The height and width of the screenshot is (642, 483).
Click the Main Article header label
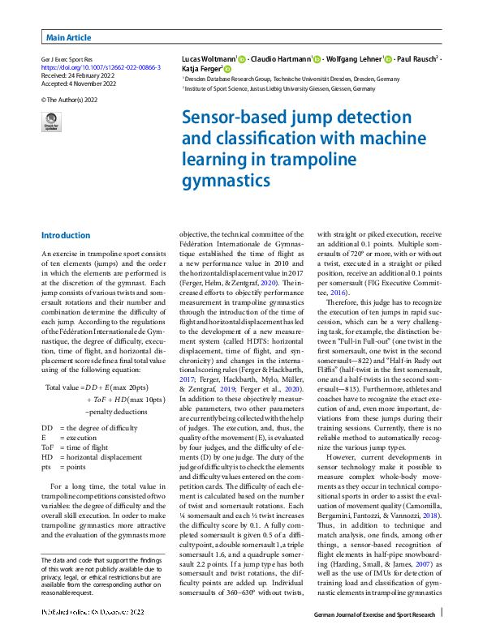coord(68,37)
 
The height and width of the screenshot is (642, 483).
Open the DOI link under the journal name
coord(100,67)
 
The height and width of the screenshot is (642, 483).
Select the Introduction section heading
coord(66,235)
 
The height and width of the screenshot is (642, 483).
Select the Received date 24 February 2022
coord(78,75)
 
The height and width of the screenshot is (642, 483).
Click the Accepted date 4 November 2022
coord(79,82)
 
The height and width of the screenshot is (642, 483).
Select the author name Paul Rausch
coord(417,60)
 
